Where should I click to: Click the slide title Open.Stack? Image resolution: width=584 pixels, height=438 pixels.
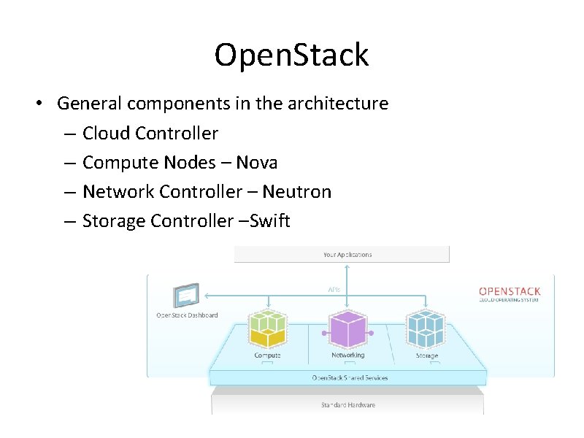(x=291, y=55)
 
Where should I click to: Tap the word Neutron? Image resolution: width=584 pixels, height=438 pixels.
(x=296, y=191)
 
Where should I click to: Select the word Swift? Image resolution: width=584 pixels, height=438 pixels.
(x=270, y=220)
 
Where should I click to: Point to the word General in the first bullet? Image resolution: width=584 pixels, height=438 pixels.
(x=88, y=104)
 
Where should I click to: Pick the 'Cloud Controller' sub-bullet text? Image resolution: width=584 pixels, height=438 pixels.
(x=150, y=133)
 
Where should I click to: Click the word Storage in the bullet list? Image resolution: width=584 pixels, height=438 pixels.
(x=113, y=220)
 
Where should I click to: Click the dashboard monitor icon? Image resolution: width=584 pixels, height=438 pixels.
(x=185, y=296)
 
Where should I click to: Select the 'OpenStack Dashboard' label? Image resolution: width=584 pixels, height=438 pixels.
(x=187, y=315)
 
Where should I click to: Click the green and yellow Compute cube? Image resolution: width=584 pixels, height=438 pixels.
(x=268, y=328)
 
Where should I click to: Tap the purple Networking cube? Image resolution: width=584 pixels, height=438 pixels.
(x=347, y=329)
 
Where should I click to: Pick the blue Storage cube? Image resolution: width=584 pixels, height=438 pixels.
(x=426, y=329)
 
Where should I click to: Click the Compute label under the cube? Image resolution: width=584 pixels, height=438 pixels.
(x=267, y=356)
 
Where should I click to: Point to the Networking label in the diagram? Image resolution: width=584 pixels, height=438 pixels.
(x=347, y=356)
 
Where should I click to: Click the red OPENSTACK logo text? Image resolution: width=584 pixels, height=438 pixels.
(x=510, y=291)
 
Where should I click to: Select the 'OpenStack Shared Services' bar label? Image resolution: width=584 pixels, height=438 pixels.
(x=350, y=377)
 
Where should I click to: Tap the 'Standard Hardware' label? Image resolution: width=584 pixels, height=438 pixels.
(x=348, y=404)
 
